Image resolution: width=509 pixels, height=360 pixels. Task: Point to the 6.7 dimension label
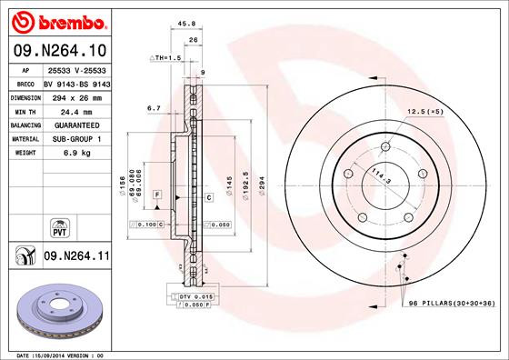(154, 107)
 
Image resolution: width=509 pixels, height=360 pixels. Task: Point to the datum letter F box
(156, 196)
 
